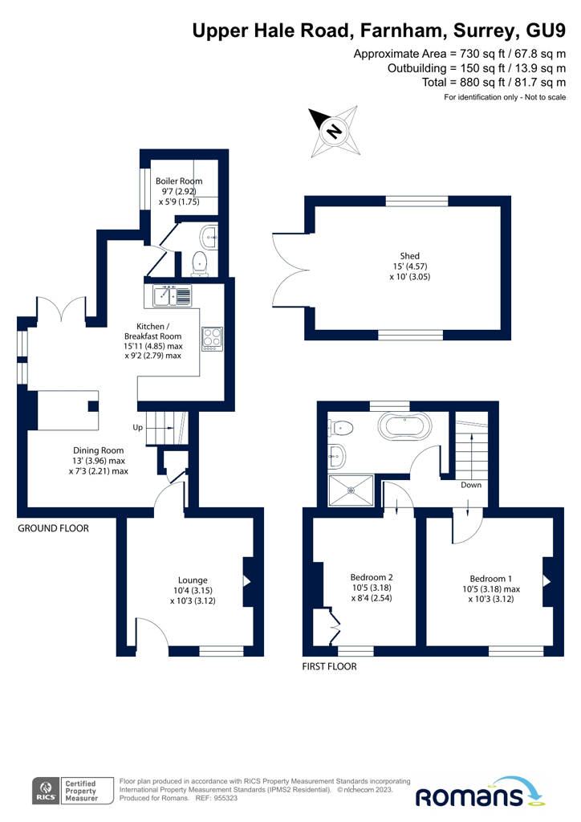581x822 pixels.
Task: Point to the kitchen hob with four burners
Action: tap(213, 340)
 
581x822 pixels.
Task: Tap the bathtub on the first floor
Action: tap(405, 426)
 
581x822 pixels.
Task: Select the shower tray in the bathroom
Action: tap(350, 490)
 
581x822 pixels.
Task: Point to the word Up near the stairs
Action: tap(138, 428)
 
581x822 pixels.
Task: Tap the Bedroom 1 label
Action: tap(490, 578)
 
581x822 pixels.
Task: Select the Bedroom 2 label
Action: tap(372, 577)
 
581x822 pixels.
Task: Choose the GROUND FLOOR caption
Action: tap(54, 528)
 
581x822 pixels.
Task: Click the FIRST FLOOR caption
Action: tap(328, 666)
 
